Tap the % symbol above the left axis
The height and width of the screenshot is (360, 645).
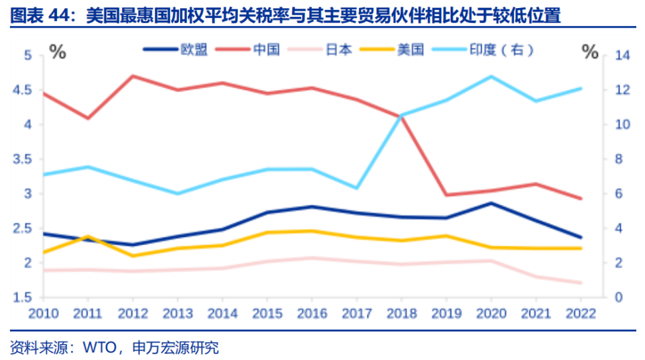58,52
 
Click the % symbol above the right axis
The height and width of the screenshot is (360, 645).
590,52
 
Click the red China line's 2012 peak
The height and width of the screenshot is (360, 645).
132,76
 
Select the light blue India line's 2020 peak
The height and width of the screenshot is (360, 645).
490,77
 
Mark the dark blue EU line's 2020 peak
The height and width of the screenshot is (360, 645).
490,203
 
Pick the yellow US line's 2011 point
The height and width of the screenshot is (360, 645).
87,236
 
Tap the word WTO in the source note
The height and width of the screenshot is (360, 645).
97,347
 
